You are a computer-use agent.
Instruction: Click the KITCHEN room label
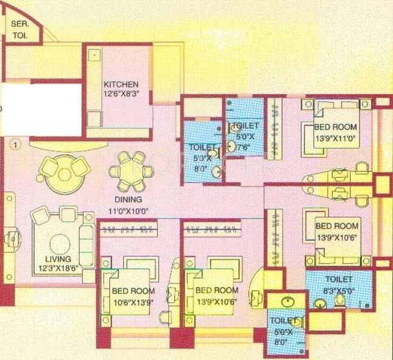click(121, 84)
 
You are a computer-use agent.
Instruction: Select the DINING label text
click(127, 199)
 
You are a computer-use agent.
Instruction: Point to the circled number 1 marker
click(15, 144)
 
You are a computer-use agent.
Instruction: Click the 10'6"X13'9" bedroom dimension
click(132, 299)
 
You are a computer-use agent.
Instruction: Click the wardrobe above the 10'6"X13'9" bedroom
click(132, 229)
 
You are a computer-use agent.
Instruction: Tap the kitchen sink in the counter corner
click(94, 55)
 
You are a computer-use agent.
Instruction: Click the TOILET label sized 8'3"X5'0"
click(339, 279)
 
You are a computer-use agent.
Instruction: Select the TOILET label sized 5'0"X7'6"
click(245, 125)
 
